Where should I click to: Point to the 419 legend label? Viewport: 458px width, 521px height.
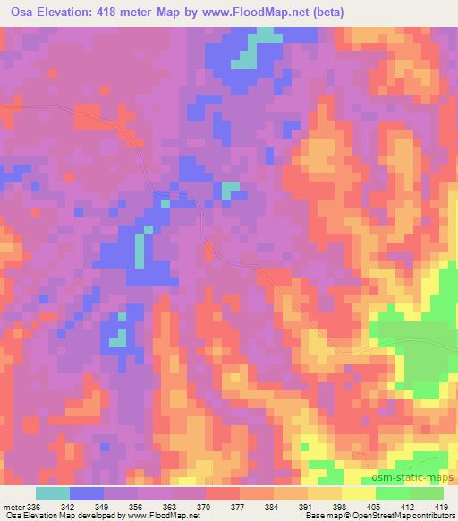441,506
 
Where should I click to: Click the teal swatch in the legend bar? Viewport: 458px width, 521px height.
53,493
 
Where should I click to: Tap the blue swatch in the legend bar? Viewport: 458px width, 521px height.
87,493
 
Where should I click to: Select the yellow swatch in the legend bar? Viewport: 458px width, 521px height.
359,493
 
